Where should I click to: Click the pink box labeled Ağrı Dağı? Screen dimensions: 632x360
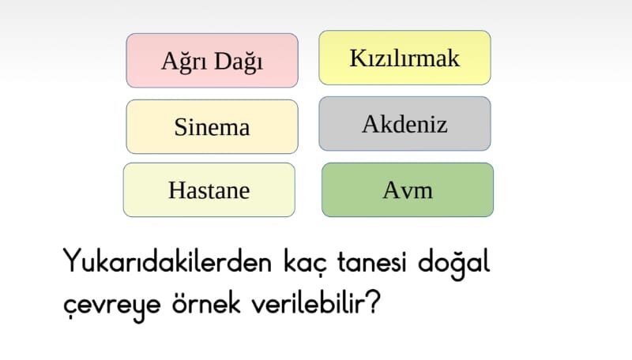point(212,61)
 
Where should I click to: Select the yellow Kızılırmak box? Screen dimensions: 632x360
point(404,58)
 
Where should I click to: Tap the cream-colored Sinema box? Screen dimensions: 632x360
point(212,126)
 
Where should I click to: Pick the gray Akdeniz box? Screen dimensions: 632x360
point(404,124)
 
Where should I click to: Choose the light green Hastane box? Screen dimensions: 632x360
point(209,189)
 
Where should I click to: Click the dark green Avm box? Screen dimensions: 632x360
point(408,189)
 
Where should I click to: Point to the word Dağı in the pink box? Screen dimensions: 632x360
point(239,62)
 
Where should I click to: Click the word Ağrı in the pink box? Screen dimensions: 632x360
point(184,62)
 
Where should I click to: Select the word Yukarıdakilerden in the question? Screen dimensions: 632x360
point(167,261)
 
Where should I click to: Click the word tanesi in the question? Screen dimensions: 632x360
point(371,262)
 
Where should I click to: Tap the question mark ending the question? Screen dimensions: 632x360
point(374,302)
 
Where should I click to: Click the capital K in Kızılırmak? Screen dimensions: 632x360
point(359,58)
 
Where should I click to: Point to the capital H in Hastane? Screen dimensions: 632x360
point(177,190)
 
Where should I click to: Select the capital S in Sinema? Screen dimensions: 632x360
point(181,127)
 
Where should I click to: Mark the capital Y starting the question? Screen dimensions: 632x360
point(73,261)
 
